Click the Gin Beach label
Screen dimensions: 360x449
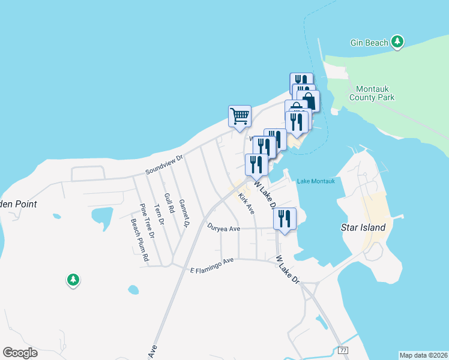click(369, 43)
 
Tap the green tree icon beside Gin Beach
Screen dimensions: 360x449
click(397, 42)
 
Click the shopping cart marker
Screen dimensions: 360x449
click(240, 116)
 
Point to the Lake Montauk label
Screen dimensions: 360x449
click(315, 181)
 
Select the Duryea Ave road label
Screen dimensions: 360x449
click(223, 228)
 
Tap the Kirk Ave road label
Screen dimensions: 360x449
click(246, 203)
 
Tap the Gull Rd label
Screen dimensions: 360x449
click(169, 204)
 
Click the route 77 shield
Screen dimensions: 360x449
click(343, 350)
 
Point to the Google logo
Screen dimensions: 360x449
click(20, 353)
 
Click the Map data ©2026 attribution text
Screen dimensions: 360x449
click(423, 355)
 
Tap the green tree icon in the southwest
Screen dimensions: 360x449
click(73, 280)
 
